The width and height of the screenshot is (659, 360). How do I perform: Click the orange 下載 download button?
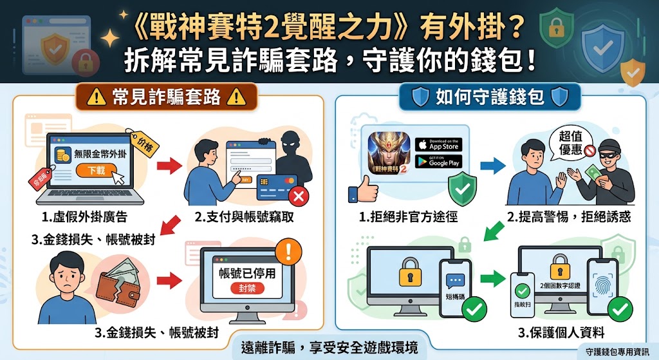coord(96,169)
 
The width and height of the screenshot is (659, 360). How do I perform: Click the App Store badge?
coord(438,144)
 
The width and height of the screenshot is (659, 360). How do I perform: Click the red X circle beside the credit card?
coord(297,195)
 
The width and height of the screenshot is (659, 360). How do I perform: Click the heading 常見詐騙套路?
coord(167,97)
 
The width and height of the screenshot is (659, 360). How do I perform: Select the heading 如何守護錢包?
coord(490,97)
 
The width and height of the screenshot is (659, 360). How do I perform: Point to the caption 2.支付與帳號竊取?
coord(245,217)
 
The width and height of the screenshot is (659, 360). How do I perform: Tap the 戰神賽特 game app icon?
coord(387,152)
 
